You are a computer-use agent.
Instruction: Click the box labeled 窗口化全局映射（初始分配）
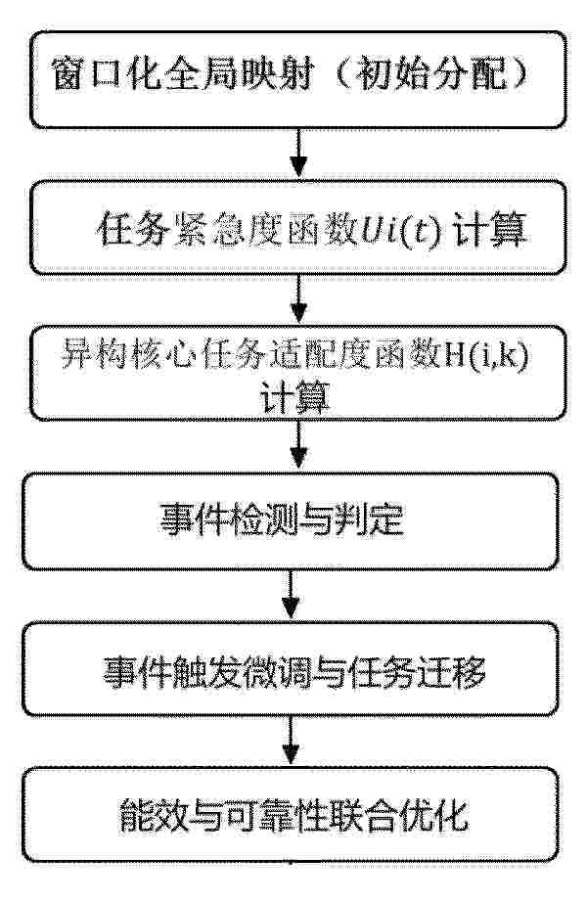point(298,79)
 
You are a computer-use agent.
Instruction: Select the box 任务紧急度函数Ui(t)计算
point(298,228)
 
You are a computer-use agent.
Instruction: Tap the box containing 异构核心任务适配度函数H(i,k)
point(298,373)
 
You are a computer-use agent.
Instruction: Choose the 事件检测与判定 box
point(290,521)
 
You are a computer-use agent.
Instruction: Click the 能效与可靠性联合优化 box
point(290,815)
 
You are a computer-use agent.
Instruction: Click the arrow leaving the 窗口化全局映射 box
point(298,154)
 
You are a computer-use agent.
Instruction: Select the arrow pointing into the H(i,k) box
point(298,299)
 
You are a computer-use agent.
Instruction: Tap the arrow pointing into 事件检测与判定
point(298,446)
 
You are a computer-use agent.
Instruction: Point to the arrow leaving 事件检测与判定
point(290,595)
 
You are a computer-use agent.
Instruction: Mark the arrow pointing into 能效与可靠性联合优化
point(290,741)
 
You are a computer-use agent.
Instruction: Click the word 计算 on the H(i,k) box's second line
point(294,396)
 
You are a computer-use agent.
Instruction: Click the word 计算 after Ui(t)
point(490,230)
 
